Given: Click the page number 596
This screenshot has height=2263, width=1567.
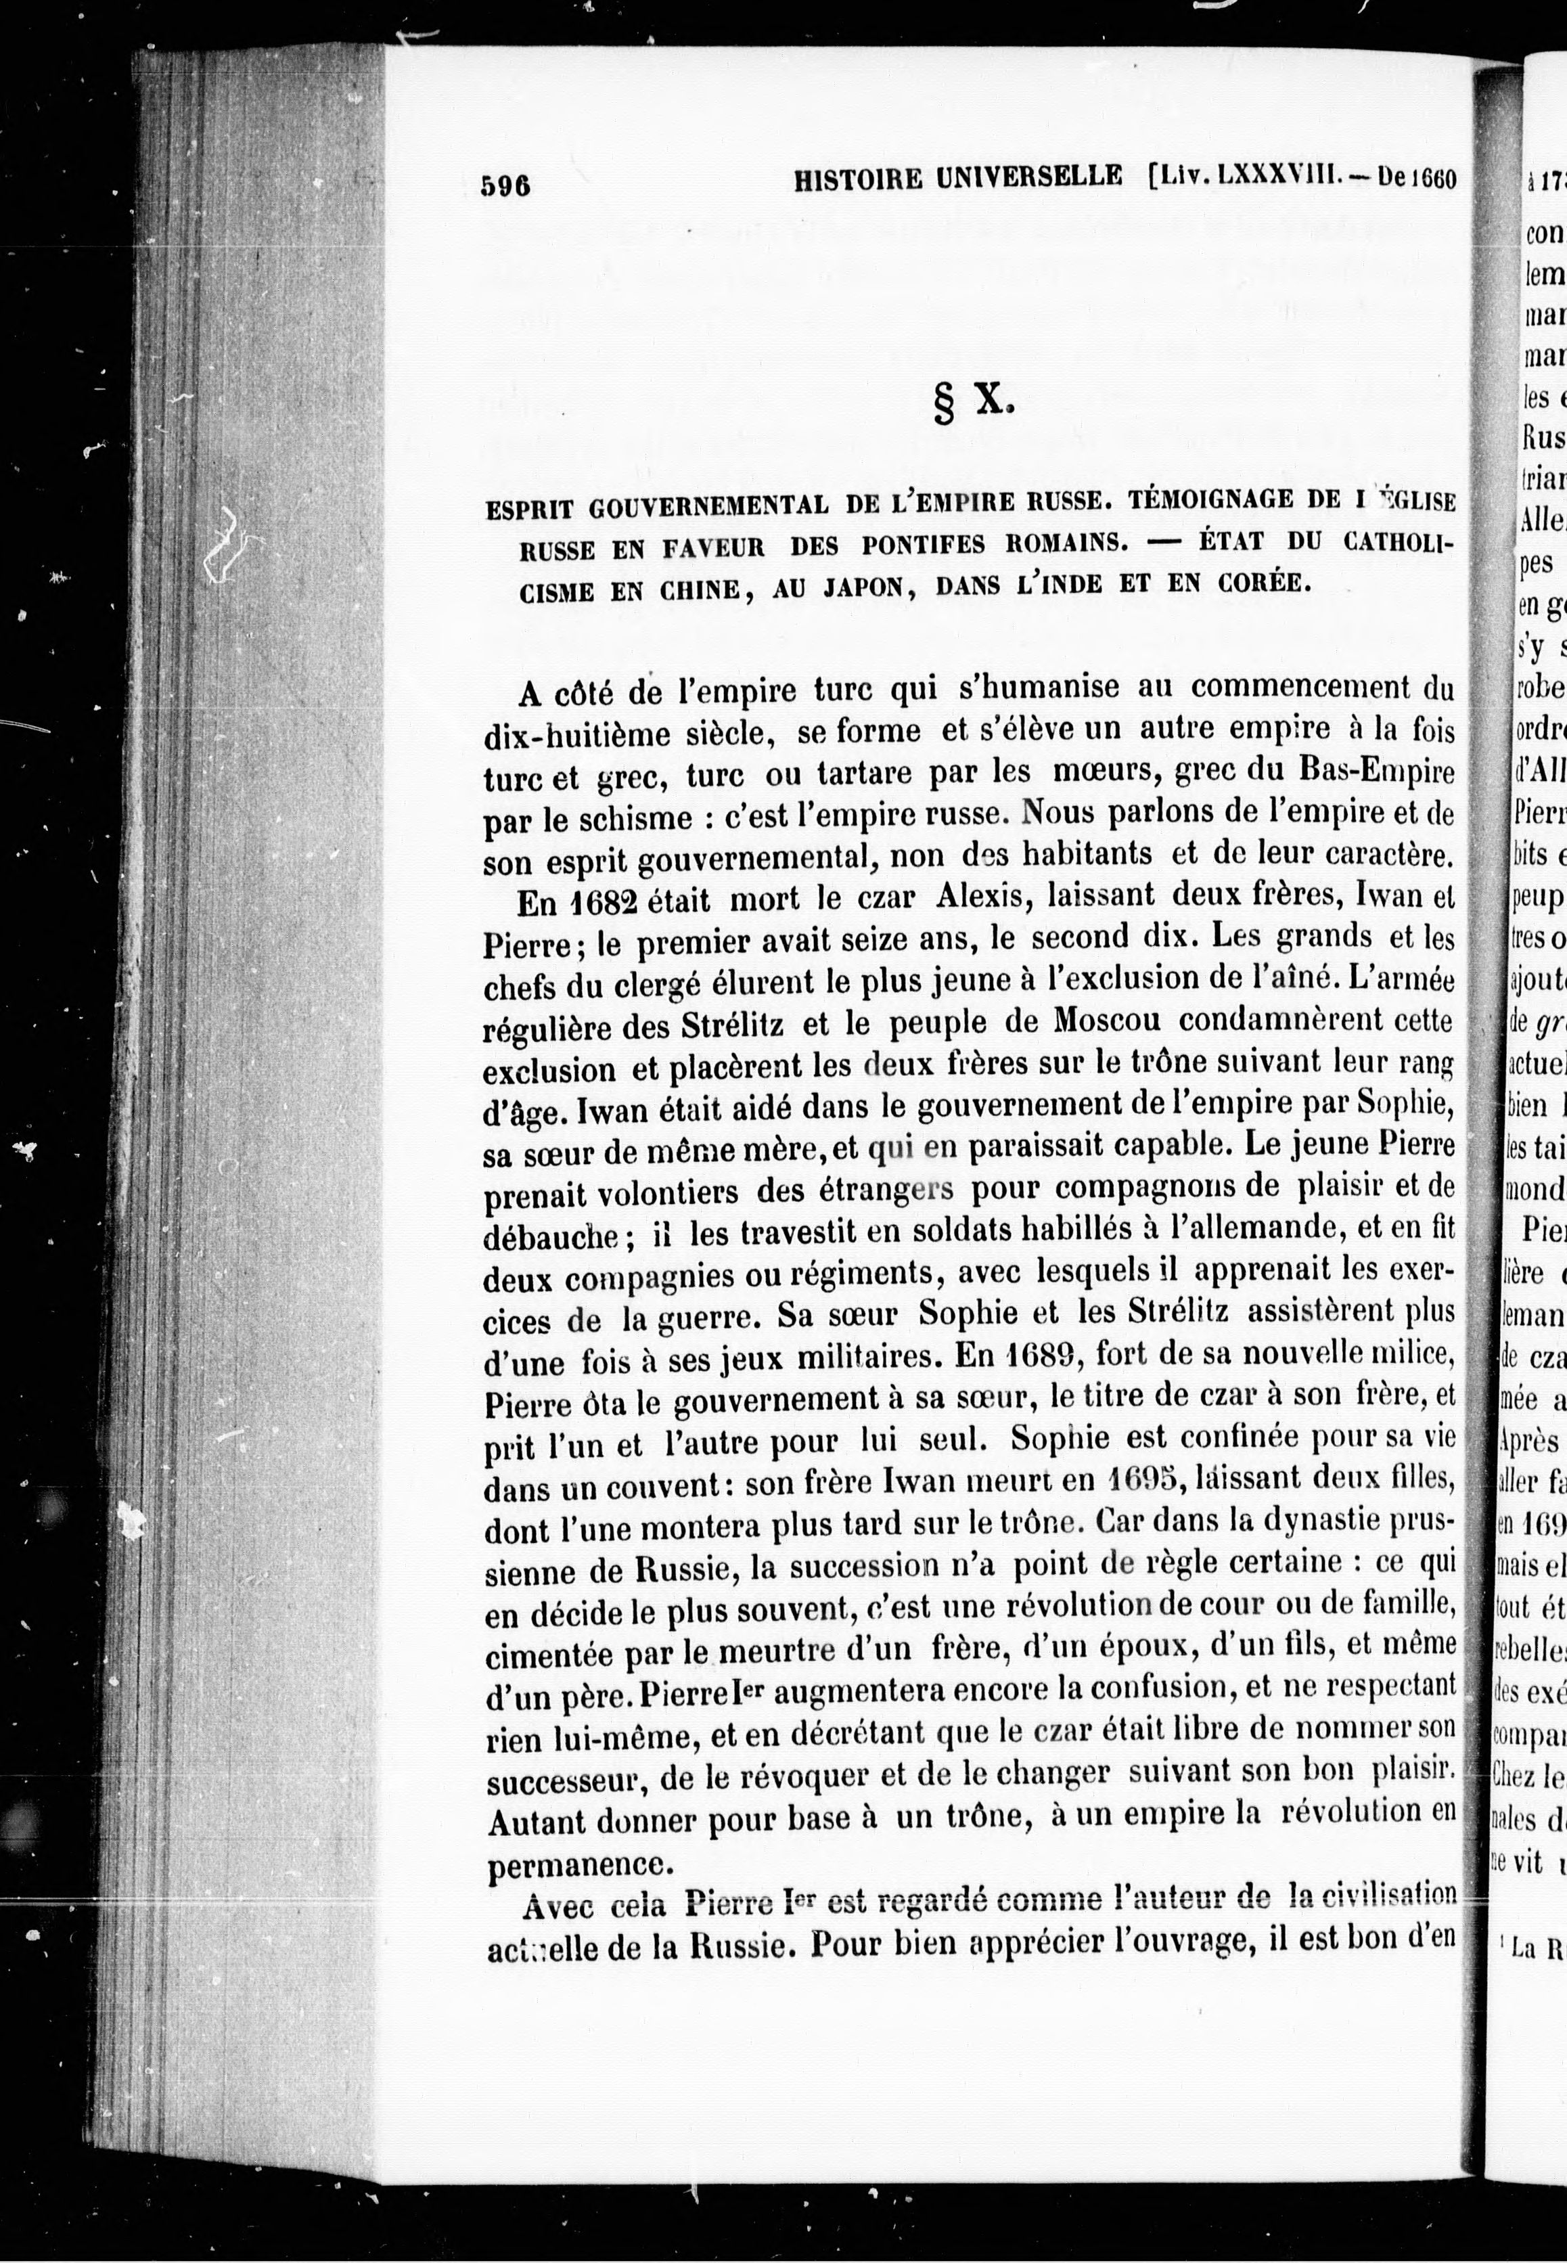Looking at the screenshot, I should [505, 183].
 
